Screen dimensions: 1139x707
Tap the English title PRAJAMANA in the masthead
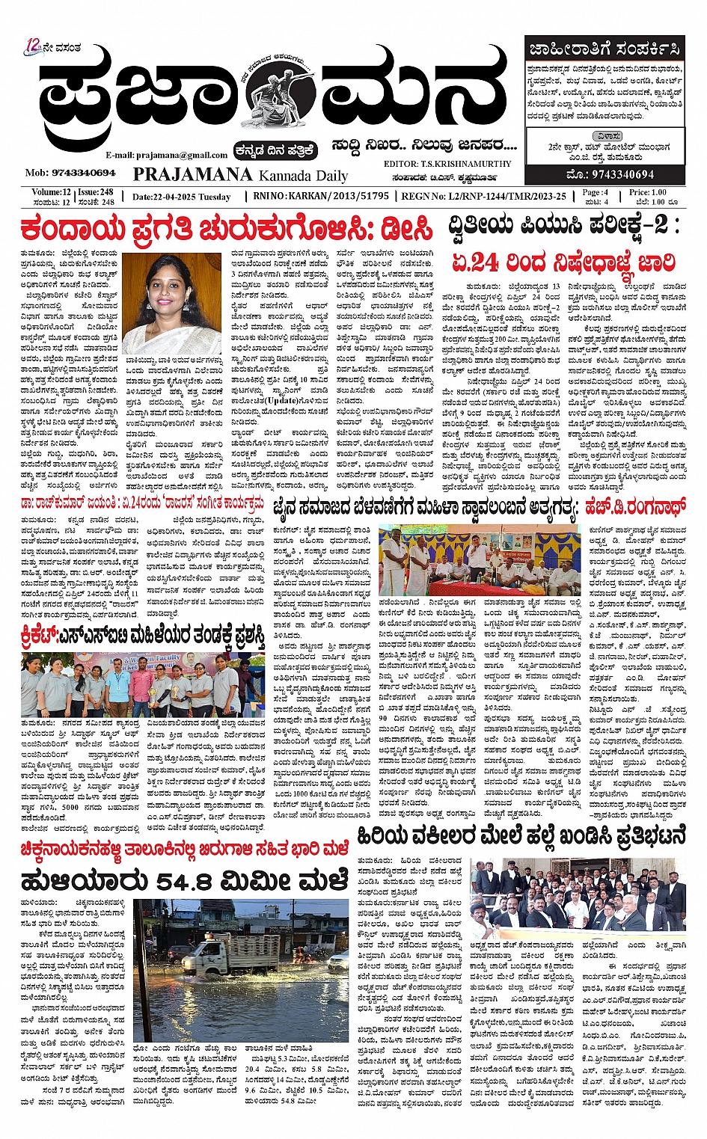click(192, 174)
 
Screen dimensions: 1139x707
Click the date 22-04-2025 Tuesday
click(181, 197)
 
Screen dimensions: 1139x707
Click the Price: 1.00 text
click(648, 192)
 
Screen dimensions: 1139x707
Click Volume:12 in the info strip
click(51, 192)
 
